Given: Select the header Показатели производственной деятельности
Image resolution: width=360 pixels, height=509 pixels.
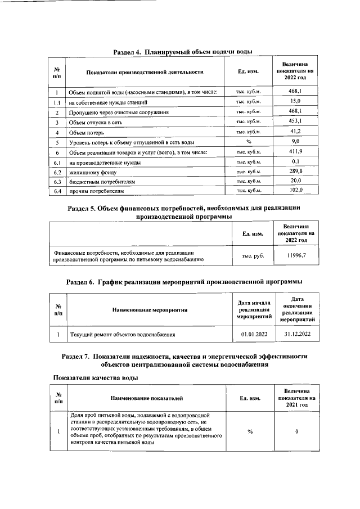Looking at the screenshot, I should click(145, 72).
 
